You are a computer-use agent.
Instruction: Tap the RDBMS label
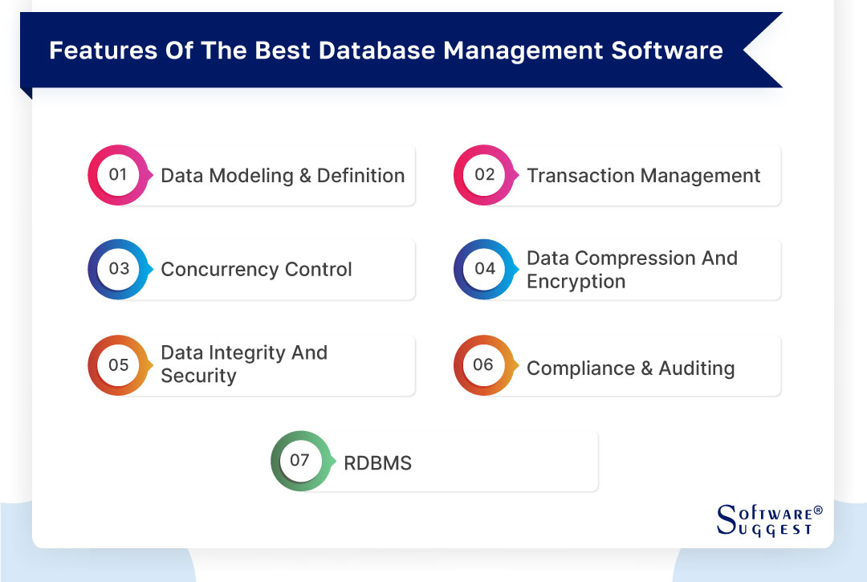(377, 463)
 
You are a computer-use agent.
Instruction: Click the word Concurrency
(219, 270)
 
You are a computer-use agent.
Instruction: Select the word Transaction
(580, 176)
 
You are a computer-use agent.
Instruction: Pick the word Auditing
(697, 368)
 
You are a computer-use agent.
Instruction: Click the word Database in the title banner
(377, 51)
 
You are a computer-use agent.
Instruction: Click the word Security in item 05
(198, 376)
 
